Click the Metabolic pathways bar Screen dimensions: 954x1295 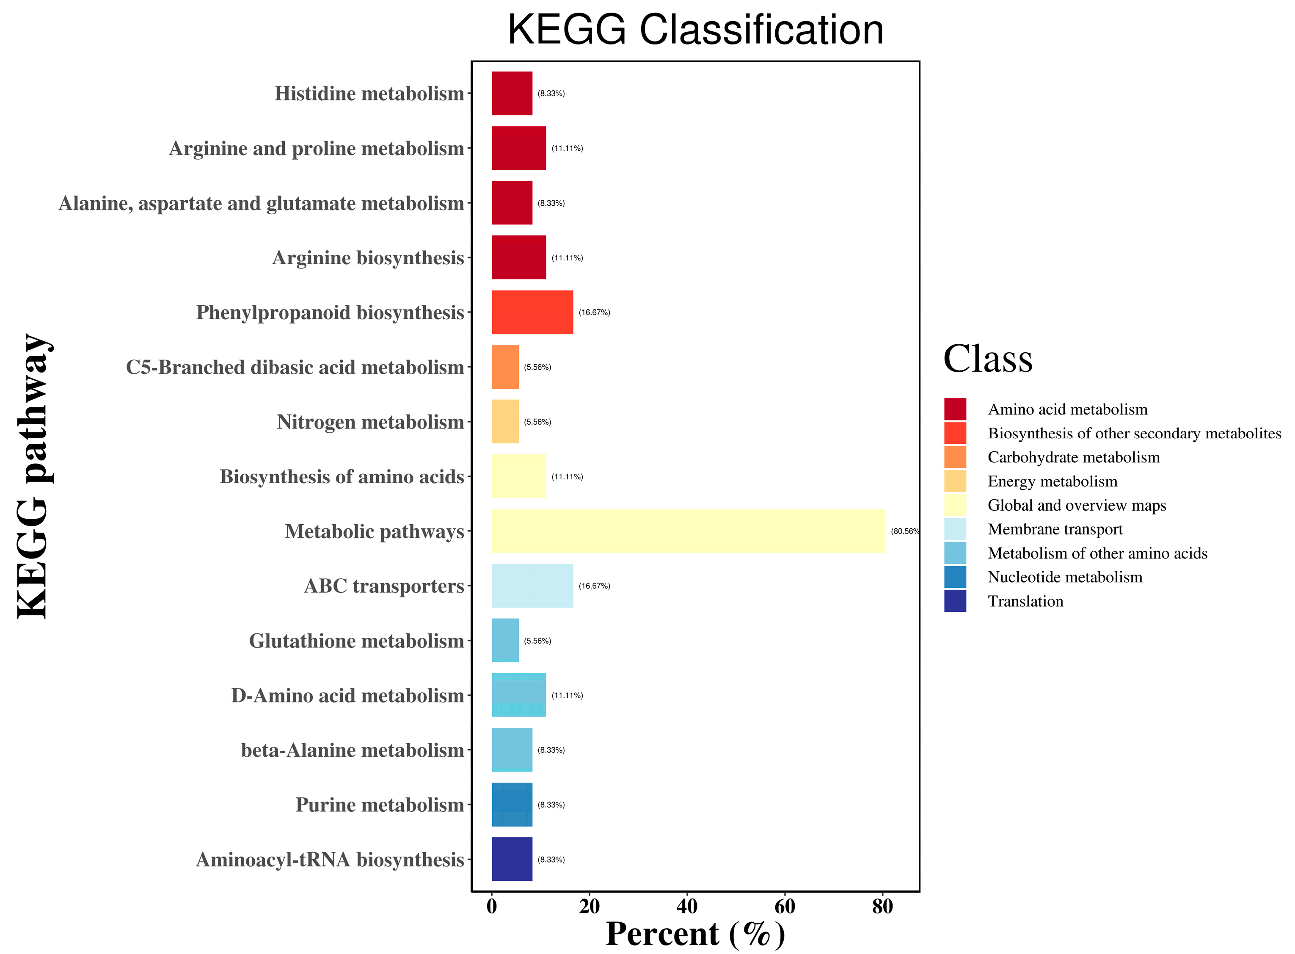(688, 531)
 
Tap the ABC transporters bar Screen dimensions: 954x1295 (532, 586)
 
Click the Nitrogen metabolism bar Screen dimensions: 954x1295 (505, 422)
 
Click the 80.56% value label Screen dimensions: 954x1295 (905, 531)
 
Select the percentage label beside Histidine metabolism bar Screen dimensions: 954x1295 (551, 94)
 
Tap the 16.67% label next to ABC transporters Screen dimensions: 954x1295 (595, 586)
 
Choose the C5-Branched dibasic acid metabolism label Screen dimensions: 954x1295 (295, 367)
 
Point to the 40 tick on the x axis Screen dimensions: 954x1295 (687, 907)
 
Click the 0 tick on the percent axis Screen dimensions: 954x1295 (492, 907)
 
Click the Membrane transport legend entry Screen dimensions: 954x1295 (1055, 529)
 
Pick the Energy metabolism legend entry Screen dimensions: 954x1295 (1052, 481)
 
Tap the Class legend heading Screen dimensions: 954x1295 (987, 359)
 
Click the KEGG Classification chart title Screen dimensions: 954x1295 (695, 30)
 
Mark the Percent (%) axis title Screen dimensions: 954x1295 (695, 934)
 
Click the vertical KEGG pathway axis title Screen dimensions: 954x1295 (33, 476)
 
